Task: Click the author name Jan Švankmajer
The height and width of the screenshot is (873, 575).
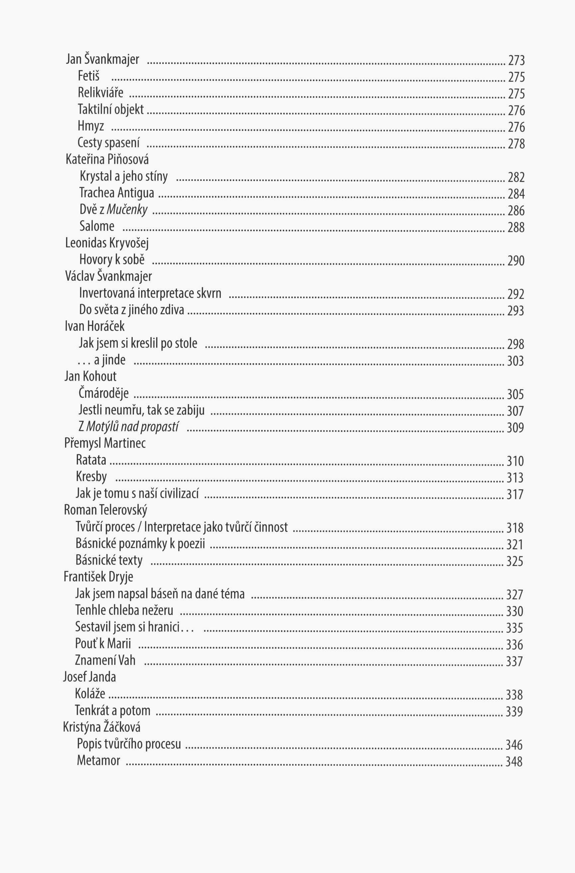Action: (x=102, y=59)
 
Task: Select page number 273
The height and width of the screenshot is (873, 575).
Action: (x=516, y=60)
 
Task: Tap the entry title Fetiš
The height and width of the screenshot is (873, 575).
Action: (x=88, y=76)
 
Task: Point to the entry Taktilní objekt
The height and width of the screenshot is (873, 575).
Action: (x=110, y=109)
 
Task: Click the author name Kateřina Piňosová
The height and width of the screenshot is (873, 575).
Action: (x=107, y=160)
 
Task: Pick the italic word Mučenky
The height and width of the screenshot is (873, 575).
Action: (x=127, y=210)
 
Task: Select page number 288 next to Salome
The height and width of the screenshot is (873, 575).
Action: (x=516, y=227)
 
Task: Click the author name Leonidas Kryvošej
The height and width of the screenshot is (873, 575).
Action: (x=107, y=243)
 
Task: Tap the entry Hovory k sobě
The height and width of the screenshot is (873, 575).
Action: (x=112, y=260)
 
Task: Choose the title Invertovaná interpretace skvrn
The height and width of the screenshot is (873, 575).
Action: (x=150, y=293)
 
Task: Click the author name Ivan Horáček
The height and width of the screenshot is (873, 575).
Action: (x=95, y=326)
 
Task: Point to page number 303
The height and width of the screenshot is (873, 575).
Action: (x=515, y=361)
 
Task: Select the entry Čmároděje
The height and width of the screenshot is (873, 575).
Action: (x=103, y=393)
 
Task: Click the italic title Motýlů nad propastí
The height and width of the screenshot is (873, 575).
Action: (x=132, y=426)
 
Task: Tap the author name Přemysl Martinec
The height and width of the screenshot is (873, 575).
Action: (x=105, y=443)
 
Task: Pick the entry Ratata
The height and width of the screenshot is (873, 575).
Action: (x=91, y=460)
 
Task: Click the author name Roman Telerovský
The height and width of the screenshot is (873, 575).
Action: (x=106, y=510)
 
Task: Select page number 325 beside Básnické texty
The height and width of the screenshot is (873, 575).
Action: (x=515, y=562)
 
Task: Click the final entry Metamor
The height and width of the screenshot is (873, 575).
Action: (x=98, y=761)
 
